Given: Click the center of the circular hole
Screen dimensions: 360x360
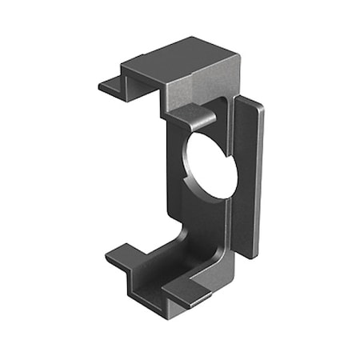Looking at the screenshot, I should point(210,164).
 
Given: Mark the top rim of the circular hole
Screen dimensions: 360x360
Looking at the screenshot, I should point(210,132).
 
